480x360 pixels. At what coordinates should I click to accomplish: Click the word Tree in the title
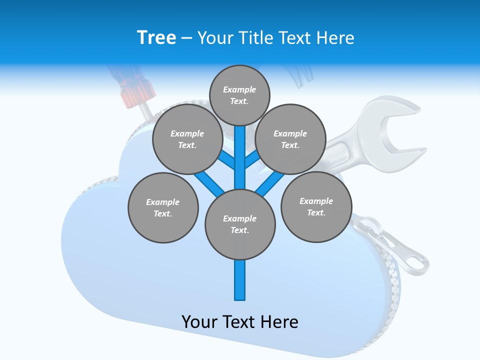click(x=156, y=38)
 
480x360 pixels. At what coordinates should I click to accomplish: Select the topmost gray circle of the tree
click(x=239, y=95)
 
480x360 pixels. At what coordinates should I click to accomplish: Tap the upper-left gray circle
click(x=187, y=139)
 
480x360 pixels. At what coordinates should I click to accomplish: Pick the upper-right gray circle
click(x=290, y=139)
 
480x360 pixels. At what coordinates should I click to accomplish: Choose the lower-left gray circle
click(x=163, y=207)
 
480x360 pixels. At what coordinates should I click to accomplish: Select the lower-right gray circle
click(x=316, y=206)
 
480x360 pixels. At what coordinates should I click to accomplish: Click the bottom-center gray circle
click(x=240, y=224)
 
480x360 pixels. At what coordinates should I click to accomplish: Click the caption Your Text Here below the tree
click(x=240, y=322)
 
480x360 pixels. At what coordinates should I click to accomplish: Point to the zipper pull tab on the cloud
click(x=405, y=250)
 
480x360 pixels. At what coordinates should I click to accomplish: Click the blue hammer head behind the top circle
click(x=295, y=75)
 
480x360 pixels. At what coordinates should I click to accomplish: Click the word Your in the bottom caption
click(x=199, y=322)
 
